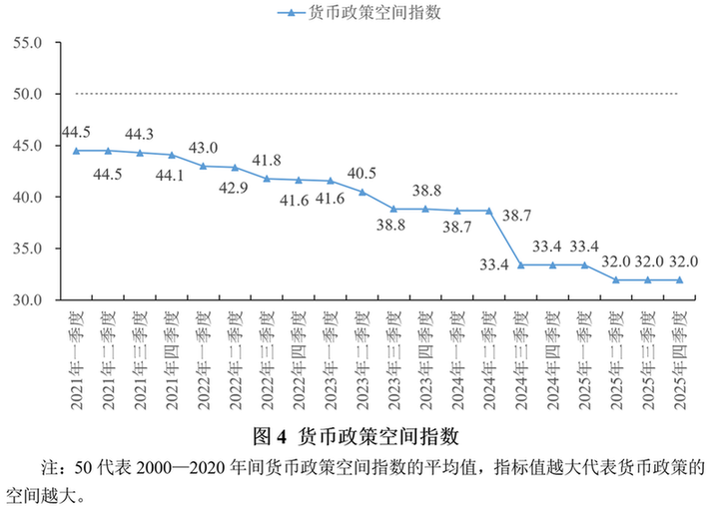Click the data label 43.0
point(203,148)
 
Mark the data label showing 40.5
point(362,172)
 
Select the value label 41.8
point(267,160)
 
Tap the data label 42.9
point(235,187)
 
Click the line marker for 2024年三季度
point(521,265)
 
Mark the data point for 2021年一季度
point(77,151)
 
